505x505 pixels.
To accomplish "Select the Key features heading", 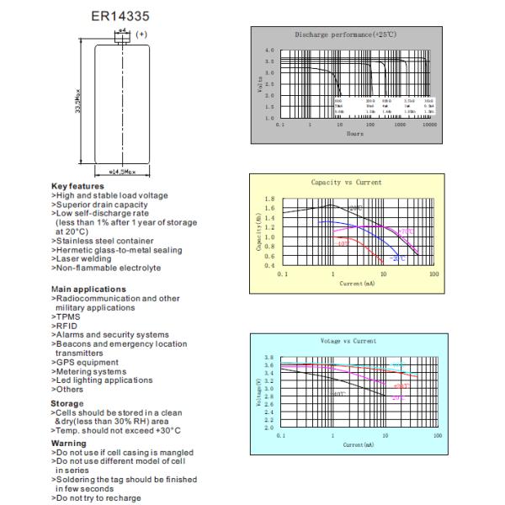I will point(77,186).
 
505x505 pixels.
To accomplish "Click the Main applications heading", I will point(88,289).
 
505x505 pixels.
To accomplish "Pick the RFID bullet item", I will point(66,326).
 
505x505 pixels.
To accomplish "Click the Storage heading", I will point(67,403).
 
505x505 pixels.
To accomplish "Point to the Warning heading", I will point(68,442).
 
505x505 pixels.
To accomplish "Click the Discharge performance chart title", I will point(345,35).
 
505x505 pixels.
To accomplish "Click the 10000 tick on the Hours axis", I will point(429,124).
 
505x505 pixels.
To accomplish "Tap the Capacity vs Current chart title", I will point(345,183).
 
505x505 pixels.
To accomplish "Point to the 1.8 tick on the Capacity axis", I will point(269,199).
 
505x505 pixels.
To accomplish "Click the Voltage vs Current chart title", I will point(348,341).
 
